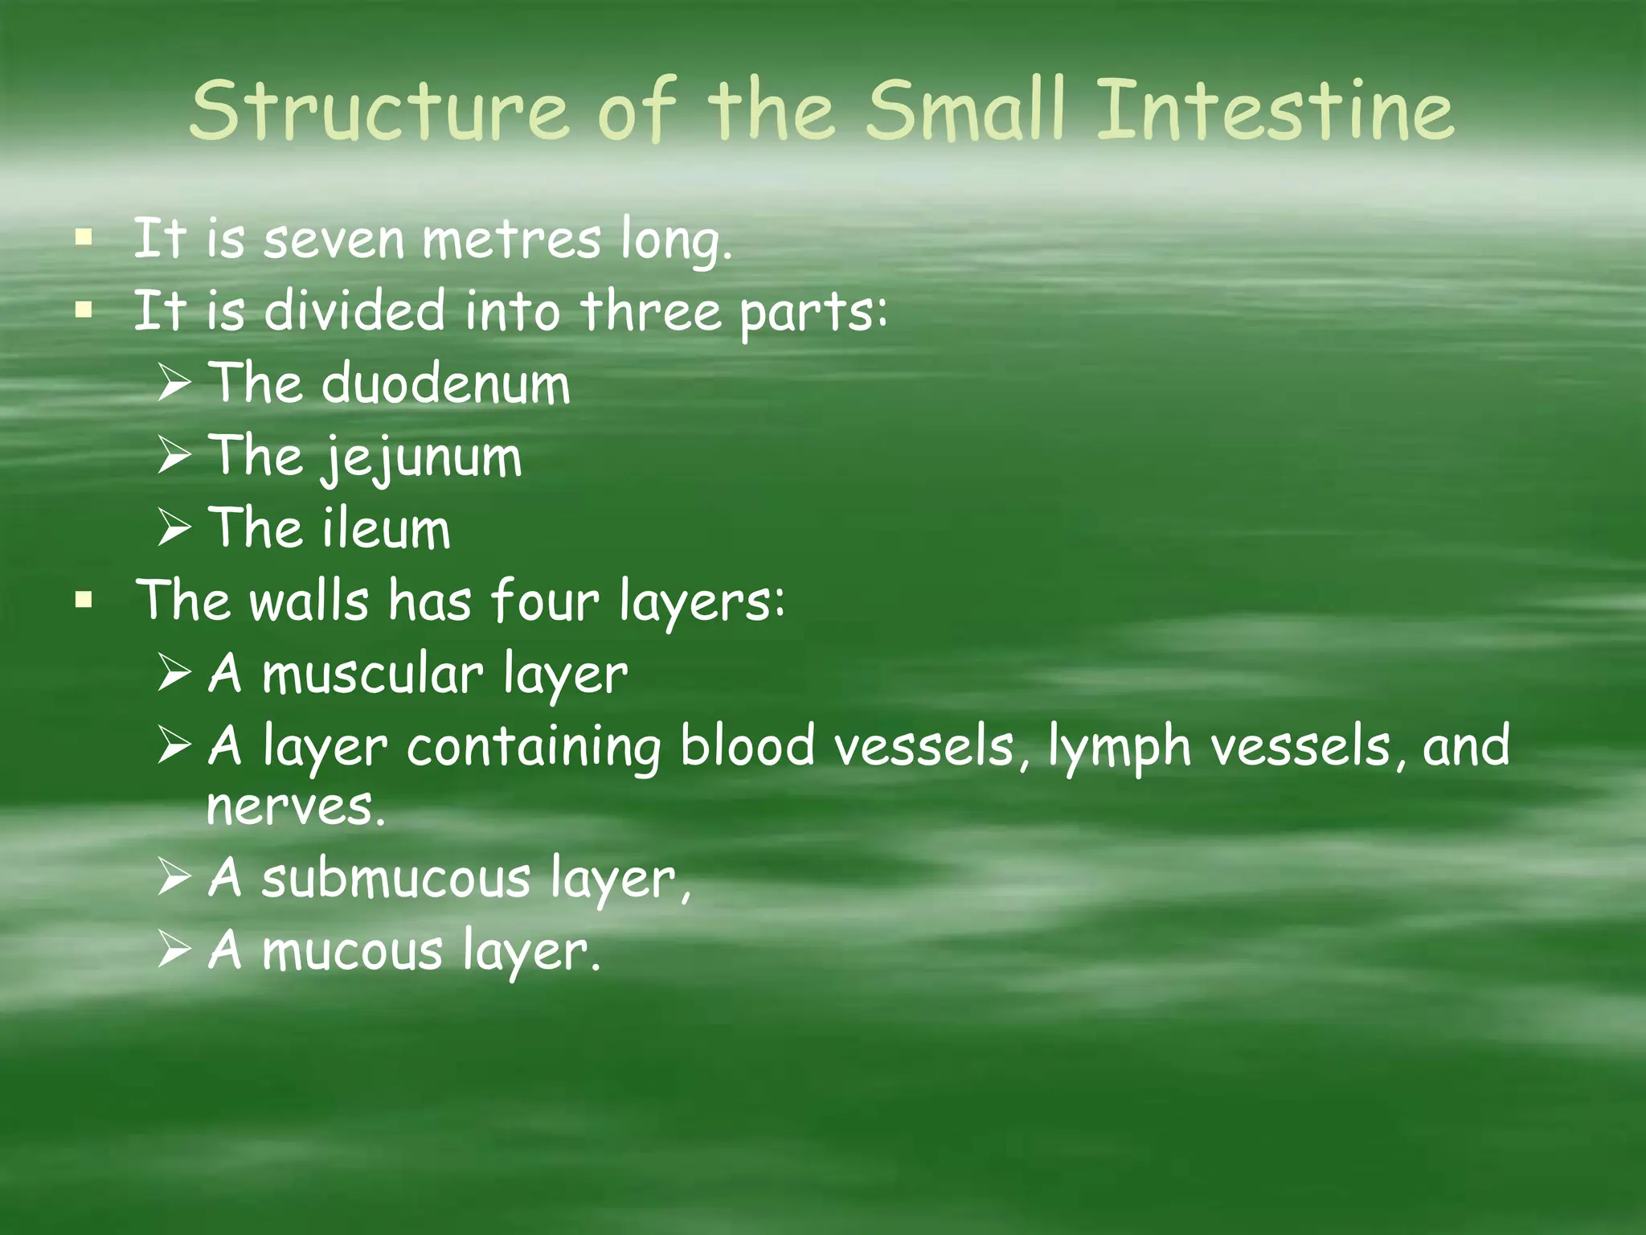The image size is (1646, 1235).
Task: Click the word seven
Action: [334, 240]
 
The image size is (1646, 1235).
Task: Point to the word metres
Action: [511, 240]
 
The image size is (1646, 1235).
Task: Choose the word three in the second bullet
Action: [650, 312]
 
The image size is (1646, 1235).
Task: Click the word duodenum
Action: [446, 384]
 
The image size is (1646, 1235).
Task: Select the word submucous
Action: [396, 878]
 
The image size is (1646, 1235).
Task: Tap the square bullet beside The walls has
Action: [83, 600]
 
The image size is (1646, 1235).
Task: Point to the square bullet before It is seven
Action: [83, 239]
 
